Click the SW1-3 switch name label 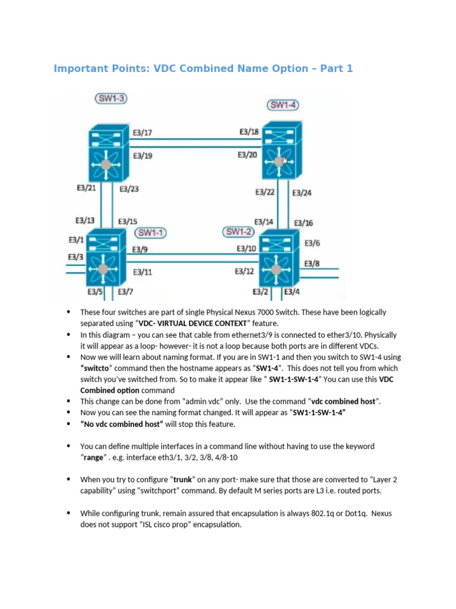111,98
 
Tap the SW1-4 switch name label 283,105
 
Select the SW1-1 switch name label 151,232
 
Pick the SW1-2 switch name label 239,231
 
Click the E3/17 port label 142,133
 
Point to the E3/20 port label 247,155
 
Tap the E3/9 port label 140,249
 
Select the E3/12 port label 245,271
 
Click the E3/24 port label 302,192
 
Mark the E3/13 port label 85,219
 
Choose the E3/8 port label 312,263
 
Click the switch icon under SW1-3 107,153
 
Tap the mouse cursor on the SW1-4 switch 285,160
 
